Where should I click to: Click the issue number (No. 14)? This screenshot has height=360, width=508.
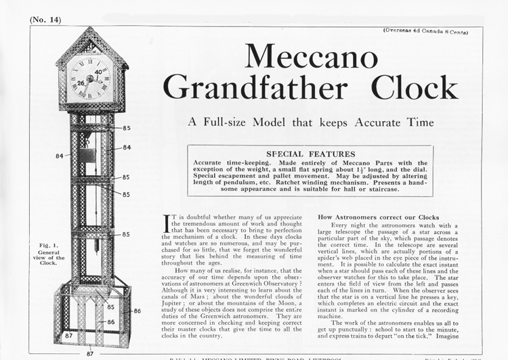pos(45,20)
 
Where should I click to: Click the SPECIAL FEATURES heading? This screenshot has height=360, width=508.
pos(310,154)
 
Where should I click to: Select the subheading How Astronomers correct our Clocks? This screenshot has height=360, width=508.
pos(378,217)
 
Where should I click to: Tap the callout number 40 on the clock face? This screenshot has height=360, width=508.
pos(98,72)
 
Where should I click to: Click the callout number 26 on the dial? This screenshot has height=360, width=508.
pos(81,84)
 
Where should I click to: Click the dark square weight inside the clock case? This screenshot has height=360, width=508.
pos(87,156)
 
